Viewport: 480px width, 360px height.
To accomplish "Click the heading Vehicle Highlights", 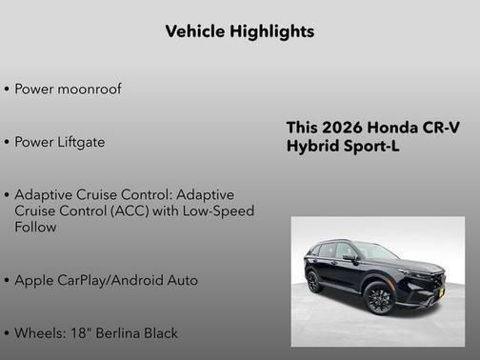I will tap(239, 31).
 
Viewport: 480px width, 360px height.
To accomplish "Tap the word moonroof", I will tap(90, 89).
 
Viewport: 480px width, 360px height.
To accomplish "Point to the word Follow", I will tap(35, 228).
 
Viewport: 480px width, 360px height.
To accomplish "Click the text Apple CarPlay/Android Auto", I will tap(106, 280).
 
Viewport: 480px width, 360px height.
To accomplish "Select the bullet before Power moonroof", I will tap(7, 90).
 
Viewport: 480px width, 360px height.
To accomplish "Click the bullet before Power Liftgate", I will tap(7, 143).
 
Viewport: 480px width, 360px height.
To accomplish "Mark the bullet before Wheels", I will tap(7, 334).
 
